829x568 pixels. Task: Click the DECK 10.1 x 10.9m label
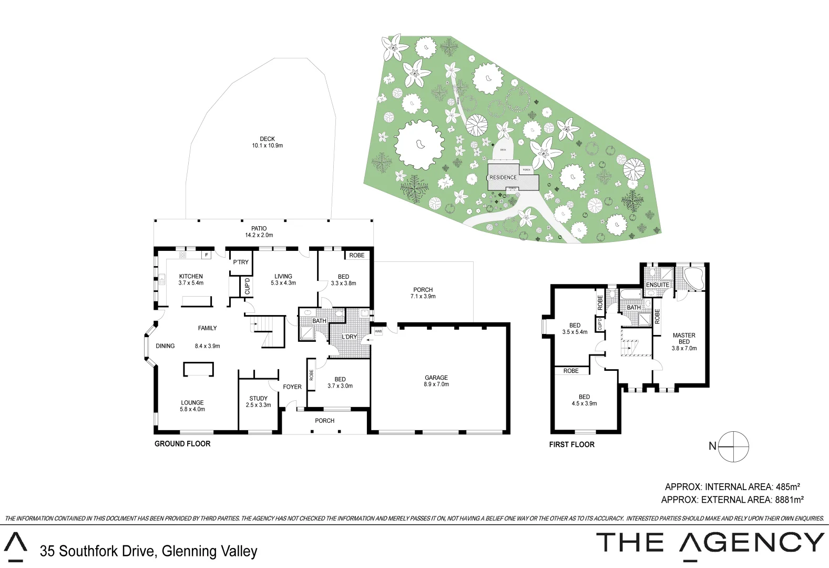tap(267, 142)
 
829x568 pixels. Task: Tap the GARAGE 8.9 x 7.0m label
tap(436, 381)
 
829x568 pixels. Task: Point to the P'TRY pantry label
tap(241, 262)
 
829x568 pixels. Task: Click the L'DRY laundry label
tap(350, 337)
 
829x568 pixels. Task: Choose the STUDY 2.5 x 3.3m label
tap(259, 402)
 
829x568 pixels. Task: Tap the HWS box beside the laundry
tap(378, 331)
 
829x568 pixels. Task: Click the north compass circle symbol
tap(733, 447)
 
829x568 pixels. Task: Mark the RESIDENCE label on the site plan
tap(503, 178)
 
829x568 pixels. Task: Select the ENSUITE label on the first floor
tap(658, 285)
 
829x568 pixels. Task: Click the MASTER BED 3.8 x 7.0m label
tap(684, 341)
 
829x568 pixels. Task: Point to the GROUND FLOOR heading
tap(182, 444)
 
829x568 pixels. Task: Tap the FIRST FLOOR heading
tap(571, 444)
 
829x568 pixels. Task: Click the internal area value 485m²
tap(788, 487)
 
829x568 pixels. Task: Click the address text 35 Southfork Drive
tap(98, 551)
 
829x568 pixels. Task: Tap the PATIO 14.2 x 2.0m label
tap(259, 232)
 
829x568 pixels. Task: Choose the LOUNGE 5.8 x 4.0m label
tap(192, 405)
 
